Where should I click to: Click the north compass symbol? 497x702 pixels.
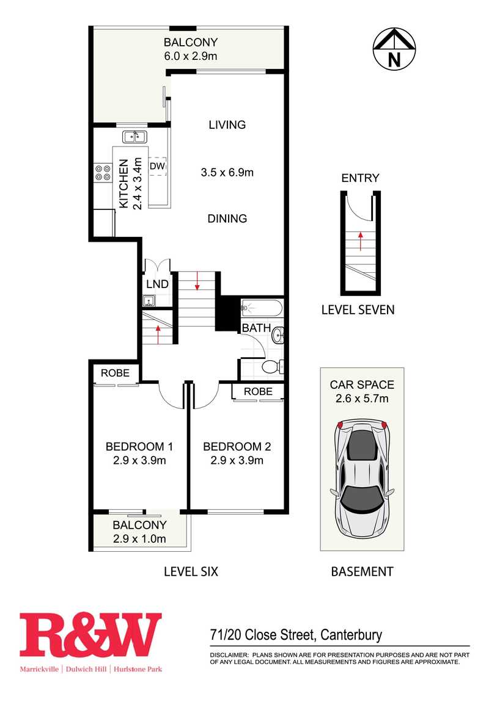pos(394,49)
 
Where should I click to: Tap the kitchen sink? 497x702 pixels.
pos(134,136)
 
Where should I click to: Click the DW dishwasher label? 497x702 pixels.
pos(157,166)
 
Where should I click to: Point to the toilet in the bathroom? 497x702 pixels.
pos(273,367)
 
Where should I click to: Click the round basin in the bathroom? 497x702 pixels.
pos(279,335)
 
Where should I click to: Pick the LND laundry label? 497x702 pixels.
pos(157,284)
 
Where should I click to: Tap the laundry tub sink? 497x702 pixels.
pos(149,301)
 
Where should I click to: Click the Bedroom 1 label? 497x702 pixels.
pos(139,446)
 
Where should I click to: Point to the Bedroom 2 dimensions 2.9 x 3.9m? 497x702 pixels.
pos(237,460)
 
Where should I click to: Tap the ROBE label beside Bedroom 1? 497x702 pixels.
pos(115,373)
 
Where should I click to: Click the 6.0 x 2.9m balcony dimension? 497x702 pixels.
pos(191,56)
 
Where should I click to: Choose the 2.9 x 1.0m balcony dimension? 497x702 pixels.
pos(139,538)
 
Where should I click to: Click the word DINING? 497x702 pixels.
pos(227,219)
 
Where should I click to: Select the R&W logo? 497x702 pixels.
pos(90,643)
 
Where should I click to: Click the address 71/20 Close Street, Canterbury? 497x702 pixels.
pos(296,635)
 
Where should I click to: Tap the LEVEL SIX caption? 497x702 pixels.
pos(191,571)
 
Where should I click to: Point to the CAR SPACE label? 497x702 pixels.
pos(362,385)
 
